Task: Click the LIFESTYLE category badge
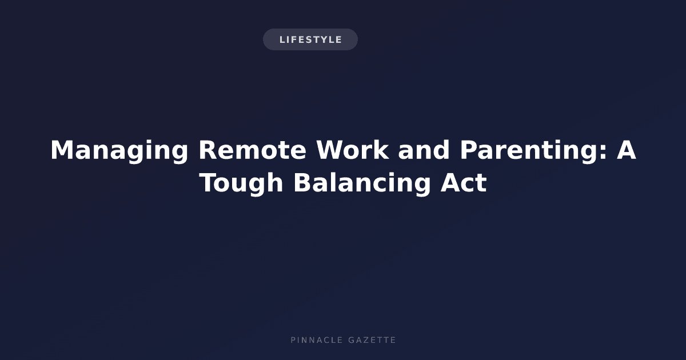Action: click(x=310, y=39)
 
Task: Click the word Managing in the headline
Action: click(x=119, y=151)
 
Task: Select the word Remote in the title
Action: click(x=252, y=150)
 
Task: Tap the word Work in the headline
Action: click(x=353, y=150)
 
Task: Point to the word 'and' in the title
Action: click(x=424, y=150)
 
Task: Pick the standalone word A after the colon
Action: click(x=626, y=150)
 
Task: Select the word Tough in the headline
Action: click(x=241, y=183)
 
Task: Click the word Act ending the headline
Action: click(x=464, y=183)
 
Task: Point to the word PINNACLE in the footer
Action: click(x=316, y=340)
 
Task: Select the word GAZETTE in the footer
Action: click(x=372, y=340)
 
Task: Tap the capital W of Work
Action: click(x=332, y=150)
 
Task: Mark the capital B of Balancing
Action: click(x=302, y=183)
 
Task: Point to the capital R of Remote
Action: click(x=208, y=150)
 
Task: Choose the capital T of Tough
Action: click(x=208, y=183)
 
